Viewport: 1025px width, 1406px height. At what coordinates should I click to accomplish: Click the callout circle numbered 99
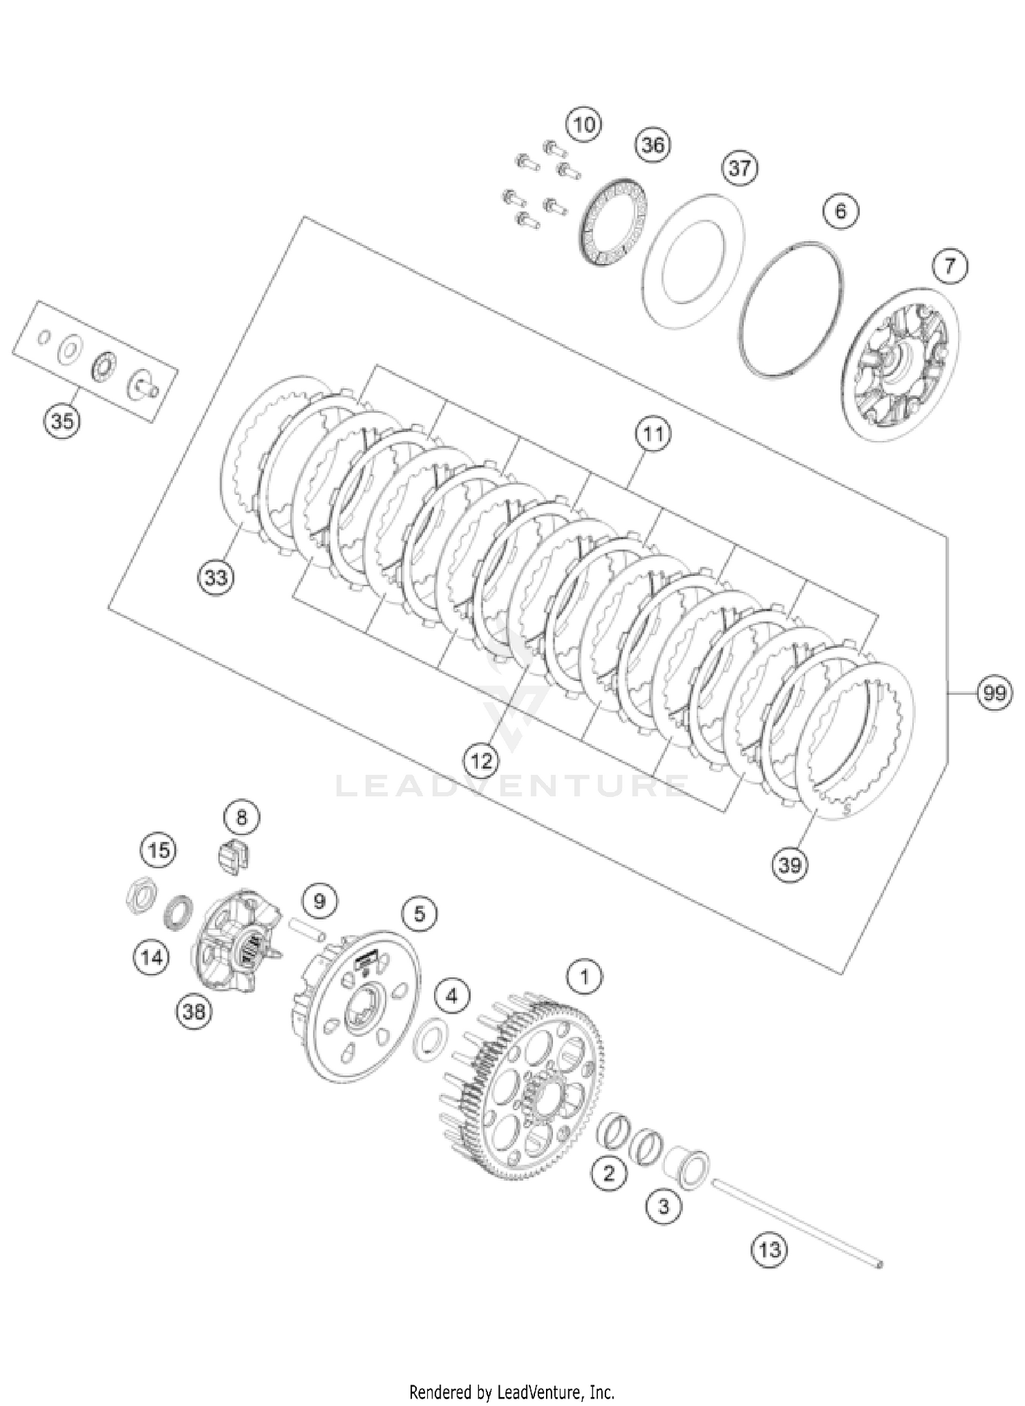pos(994,693)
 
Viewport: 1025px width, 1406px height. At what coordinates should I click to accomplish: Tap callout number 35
pos(61,421)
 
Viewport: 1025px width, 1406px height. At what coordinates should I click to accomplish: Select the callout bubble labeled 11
pos(653,434)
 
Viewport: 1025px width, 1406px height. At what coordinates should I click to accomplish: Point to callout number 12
pos(481,760)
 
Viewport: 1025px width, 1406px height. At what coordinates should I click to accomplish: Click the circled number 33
pos(215,578)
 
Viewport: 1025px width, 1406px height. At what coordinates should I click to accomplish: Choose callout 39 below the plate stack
pos(789,865)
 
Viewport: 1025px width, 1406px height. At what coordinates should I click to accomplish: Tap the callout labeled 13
pos(769,1249)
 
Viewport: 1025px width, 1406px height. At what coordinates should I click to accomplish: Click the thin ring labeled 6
pos(793,308)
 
